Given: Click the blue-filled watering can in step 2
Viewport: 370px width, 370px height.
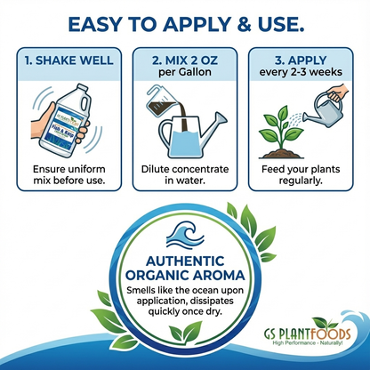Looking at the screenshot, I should pyautogui.click(x=194, y=133).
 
